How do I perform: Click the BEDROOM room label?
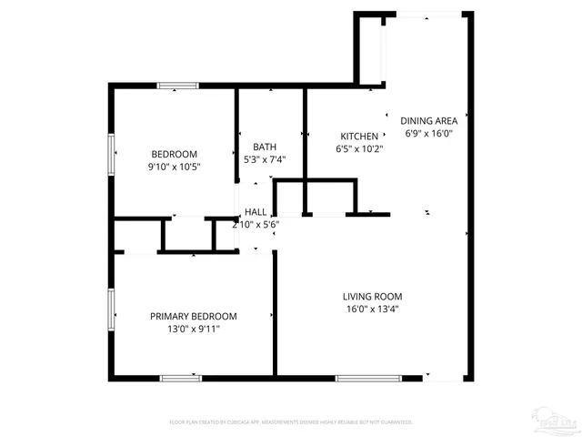tap(174, 154)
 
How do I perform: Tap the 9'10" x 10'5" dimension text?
tap(174, 167)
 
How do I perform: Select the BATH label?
tap(265, 147)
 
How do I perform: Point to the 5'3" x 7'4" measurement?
tap(265, 159)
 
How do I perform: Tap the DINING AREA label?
tap(428, 120)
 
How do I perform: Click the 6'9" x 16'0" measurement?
tap(429, 133)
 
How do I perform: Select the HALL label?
tap(255, 212)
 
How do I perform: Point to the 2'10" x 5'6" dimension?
tap(256, 224)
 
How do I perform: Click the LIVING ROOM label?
tap(372, 296)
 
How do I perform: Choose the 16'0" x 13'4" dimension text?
tap(372, 309)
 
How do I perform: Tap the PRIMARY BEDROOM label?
tap(193, 316)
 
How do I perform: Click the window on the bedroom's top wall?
tap(178, 86)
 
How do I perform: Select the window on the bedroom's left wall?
tap(111, 154)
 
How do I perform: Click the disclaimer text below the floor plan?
tap(291, 422)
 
